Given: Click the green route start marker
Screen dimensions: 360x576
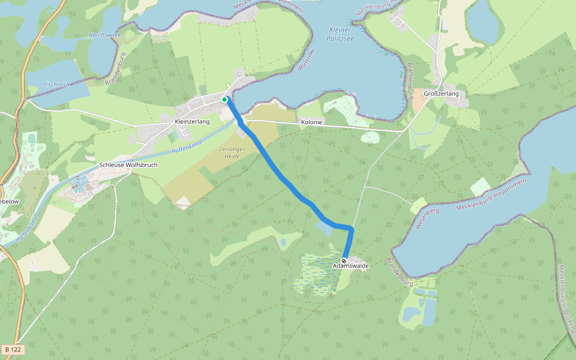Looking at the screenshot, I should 224,99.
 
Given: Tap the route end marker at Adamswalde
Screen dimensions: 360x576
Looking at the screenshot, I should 344,261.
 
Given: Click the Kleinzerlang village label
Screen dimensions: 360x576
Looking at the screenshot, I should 192,122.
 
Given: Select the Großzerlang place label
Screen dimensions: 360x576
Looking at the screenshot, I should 441,94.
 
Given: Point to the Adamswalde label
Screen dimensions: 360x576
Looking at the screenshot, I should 351,266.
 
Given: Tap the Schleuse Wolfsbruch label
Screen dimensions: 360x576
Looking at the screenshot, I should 128,164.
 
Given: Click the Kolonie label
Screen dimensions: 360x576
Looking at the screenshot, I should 311,122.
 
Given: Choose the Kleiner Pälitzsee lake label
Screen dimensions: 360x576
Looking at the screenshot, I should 342,34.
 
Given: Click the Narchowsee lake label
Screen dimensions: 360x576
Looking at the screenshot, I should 104,35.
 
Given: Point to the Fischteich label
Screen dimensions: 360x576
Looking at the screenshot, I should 57,85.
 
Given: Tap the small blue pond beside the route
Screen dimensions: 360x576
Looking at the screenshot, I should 324,228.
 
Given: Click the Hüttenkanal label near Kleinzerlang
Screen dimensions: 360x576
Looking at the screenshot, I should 186,146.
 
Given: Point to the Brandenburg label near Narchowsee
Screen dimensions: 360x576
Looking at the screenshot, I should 114,69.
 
